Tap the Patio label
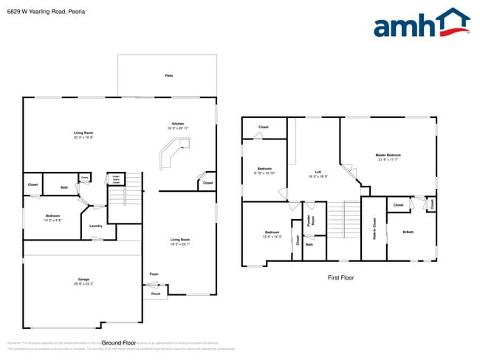(x=169, y=76)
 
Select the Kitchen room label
(x=178, y=123)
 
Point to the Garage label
(x=83, y=280)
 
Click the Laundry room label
(x=95, y=226)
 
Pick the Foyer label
(x=154, y=274)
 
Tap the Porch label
(x=155, y=293)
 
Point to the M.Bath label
(x=407, y=232)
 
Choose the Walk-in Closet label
(x=374, y=228)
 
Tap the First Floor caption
(x=340, y=278)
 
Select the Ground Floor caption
(x=119, y=343)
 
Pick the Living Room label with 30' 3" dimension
(x=82, y=134)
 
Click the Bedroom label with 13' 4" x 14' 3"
(x=272, y=235)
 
